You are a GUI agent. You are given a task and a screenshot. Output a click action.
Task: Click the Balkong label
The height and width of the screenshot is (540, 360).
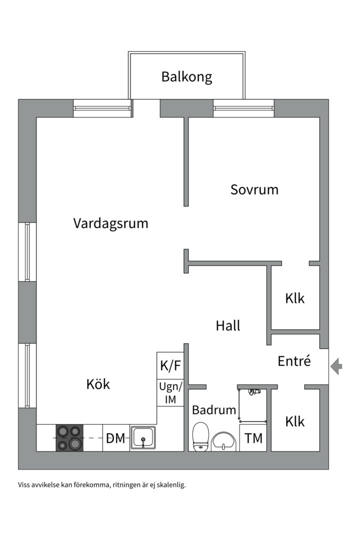point(186,77)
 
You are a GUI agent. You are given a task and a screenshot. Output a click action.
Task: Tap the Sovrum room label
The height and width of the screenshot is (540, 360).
point(254,190)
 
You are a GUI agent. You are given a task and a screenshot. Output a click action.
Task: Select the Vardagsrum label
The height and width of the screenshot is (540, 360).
point(110,223)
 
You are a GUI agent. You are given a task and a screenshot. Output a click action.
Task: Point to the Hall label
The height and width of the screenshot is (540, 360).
point(228,326)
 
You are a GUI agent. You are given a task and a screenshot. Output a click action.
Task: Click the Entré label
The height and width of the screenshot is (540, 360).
point(294,361)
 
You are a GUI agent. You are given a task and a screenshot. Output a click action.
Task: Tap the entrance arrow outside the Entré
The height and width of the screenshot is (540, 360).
point(337,366)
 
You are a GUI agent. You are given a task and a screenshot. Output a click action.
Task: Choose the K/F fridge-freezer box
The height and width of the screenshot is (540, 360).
point(170,365)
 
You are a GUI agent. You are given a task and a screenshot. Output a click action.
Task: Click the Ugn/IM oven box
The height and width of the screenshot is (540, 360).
point(170,392)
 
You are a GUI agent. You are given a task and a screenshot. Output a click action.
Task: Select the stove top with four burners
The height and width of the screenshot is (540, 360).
point(69,438)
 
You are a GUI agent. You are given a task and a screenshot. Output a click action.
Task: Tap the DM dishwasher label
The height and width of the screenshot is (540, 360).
point(115,439)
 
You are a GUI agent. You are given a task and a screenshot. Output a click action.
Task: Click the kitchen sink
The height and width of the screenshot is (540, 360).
point(143,438)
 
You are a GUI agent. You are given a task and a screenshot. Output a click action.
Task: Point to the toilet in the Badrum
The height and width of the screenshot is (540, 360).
point(200,436)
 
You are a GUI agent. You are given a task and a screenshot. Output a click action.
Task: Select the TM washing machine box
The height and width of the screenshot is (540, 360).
point(253,438)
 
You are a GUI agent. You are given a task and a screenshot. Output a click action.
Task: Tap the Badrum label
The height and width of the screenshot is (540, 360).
point(214,410)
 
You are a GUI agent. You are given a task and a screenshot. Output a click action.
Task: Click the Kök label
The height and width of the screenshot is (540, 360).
point(98,384)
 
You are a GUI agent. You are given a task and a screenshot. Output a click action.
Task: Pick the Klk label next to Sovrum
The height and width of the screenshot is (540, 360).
point(295,298)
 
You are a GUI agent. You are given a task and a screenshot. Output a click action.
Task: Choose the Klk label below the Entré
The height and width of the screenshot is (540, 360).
point(295,421)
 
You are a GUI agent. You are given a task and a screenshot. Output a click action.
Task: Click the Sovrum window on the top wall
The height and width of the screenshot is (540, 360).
point(243,108)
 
